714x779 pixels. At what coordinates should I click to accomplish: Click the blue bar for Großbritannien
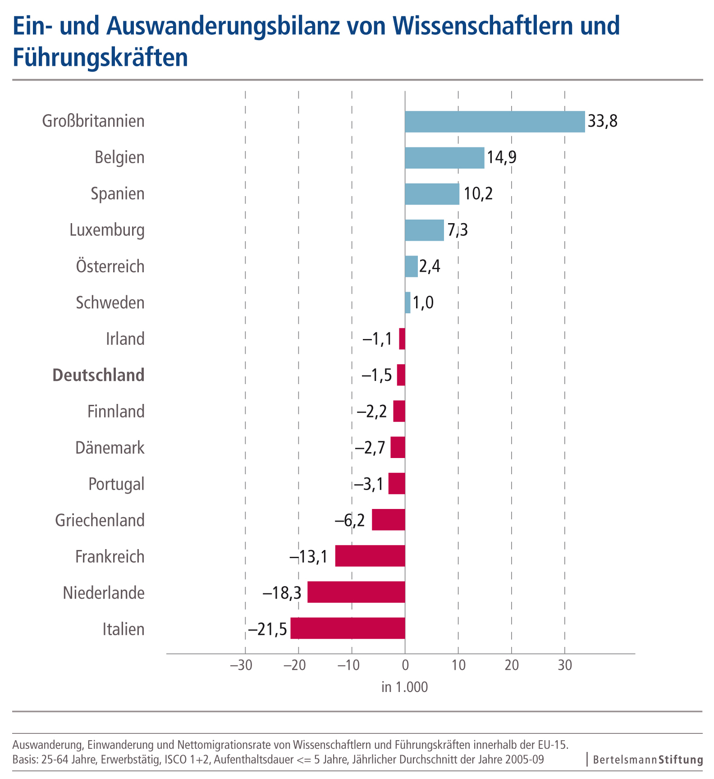(x=494, y=122)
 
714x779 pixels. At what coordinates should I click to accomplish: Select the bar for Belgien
(x=444, y=158)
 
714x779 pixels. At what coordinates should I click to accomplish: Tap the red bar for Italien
(x=348, y=628)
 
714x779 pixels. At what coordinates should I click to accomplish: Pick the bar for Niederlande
(x=356, y=592)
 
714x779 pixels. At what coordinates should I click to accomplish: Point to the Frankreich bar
(x=370, y=556)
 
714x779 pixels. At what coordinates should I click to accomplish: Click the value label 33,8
(x=603, y=121)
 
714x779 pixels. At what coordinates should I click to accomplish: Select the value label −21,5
(x=267, y=629)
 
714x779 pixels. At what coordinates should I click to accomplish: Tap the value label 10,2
(x=478, y=194)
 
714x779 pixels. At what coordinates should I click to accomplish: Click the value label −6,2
(x=350, y=520)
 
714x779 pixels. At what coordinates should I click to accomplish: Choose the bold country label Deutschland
(x=99, y=375)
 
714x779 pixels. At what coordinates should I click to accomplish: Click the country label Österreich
(x=110, y=266)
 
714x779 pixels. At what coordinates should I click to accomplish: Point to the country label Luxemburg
(x=107, y=230)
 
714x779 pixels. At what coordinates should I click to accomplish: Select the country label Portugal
(x=116, y=484)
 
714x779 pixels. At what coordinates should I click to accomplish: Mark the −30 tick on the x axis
(x=242, y=665)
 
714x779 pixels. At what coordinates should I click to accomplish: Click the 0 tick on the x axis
(x=405, y=665)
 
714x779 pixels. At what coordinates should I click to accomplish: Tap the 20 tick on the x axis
(x=512, y=665)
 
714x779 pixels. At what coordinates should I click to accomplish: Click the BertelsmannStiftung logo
(x=648, y=760)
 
